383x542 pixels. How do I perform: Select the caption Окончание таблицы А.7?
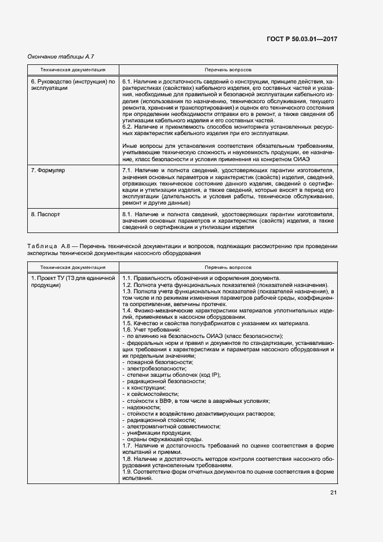[x=61, y=57]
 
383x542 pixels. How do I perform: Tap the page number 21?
[x=333, y=493]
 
